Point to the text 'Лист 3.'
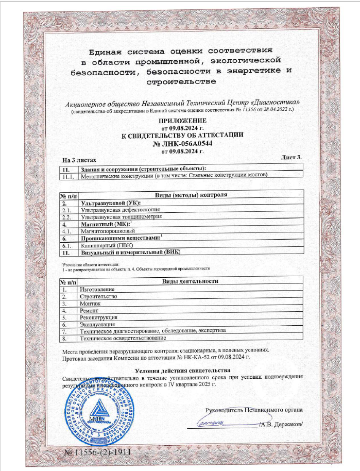(292, 156)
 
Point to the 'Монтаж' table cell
(90, 304)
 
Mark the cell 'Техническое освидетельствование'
(123, 338)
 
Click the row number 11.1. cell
(68, 176)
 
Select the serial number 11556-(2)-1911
(98, 452)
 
